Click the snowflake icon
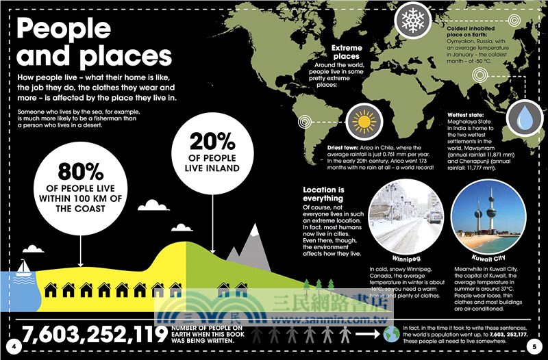click(413, 21)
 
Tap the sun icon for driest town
click(363, 121)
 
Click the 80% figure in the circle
click(80, 172)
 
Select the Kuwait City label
click(491, 258)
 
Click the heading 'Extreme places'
click(346, 53)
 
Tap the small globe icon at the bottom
click(391, 334)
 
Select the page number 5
click(535, 347)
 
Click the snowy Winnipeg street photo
click(406, 218)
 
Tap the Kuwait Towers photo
click(491, 218)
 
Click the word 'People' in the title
click(63, 29)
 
